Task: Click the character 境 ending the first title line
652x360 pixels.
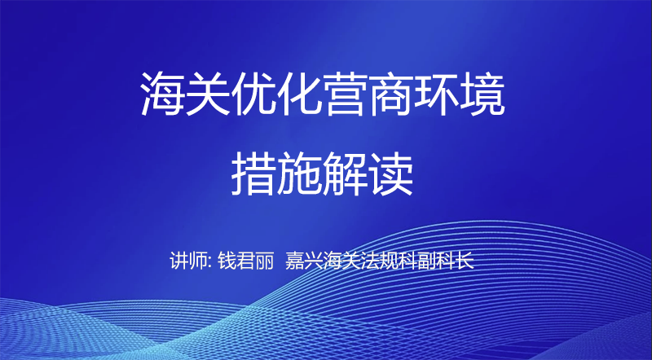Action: pyautogui.click(x=482, y=94)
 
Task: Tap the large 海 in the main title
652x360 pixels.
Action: pyautogui.click(x=162, y=94)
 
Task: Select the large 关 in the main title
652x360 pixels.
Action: pyautogui.click(x=209, y=94)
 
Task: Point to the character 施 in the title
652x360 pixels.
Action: pyautogui.click(x=299, y=173)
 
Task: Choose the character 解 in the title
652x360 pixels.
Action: pyautogui.click(x=345, y=173)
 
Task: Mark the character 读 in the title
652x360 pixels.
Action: pyautogui.click(x=391, y=173)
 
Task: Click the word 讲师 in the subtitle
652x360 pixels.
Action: pyautogui.click(x=188, y=261)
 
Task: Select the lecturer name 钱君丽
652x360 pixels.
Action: pyautogui.click(x=246, y=261)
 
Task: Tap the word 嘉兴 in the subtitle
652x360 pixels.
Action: pyautogui.click(x=303, y=261)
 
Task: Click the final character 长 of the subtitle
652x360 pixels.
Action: pyautogui.click(x=465, y=261)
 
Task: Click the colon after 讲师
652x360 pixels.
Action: pyautogui.click(x=210, y=263)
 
